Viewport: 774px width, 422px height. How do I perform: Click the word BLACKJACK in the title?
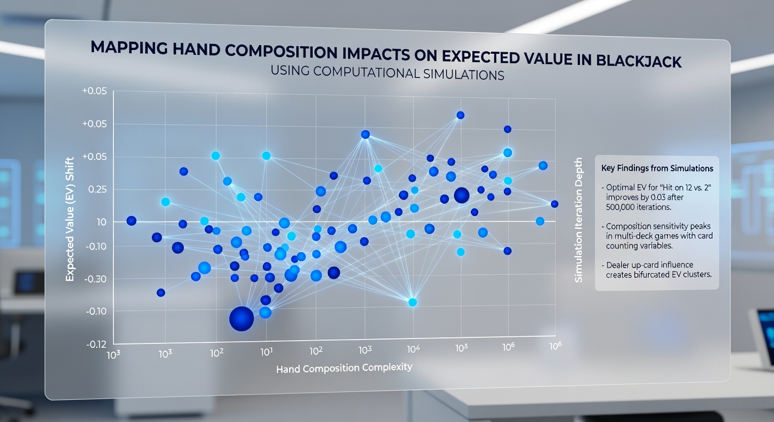tap(639, 61)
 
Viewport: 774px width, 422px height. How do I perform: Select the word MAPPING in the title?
tap(128, 47)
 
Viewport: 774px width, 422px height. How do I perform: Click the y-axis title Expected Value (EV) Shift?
tap(70, 219)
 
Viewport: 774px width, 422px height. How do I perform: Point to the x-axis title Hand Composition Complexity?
tap(344, 368)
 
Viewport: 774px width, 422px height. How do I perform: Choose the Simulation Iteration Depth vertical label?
tap(578, 220)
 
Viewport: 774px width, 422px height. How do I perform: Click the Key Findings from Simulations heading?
tap(657, 168)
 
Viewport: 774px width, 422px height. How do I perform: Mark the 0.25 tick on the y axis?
tap(97, 189)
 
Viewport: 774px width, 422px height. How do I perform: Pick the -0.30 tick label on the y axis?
tap(95, 279)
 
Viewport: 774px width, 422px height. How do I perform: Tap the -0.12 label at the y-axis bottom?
tap(96, 345)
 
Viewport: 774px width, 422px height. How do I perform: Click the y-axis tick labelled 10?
tap(101, 221)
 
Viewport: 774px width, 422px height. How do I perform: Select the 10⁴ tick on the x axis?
tap(413, 349)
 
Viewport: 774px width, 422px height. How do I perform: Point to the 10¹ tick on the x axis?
tap(267, 352)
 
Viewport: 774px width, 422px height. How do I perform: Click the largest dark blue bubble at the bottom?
tap(241, 319)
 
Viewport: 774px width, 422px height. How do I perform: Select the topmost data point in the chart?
tap(460, 115)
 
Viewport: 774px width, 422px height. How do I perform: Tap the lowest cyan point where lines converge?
tap(413, 302)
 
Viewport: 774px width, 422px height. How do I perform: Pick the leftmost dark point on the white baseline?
tap(131, 221)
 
